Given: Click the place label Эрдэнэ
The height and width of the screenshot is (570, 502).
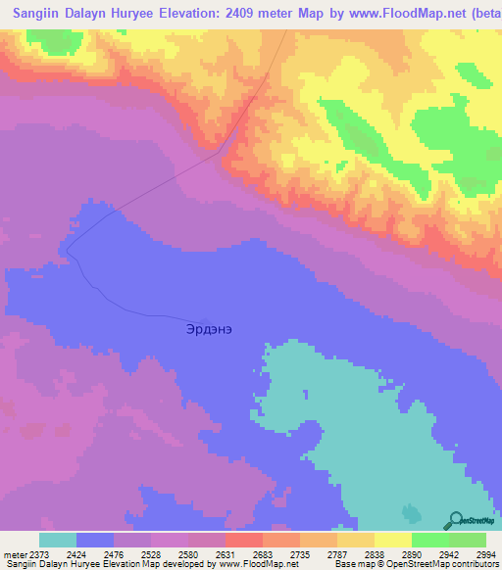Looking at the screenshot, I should tap(209, 330).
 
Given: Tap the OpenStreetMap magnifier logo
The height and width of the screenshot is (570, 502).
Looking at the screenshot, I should tap(456, 520).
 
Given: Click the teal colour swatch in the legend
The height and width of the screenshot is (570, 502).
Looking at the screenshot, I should tap(58, 540).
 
